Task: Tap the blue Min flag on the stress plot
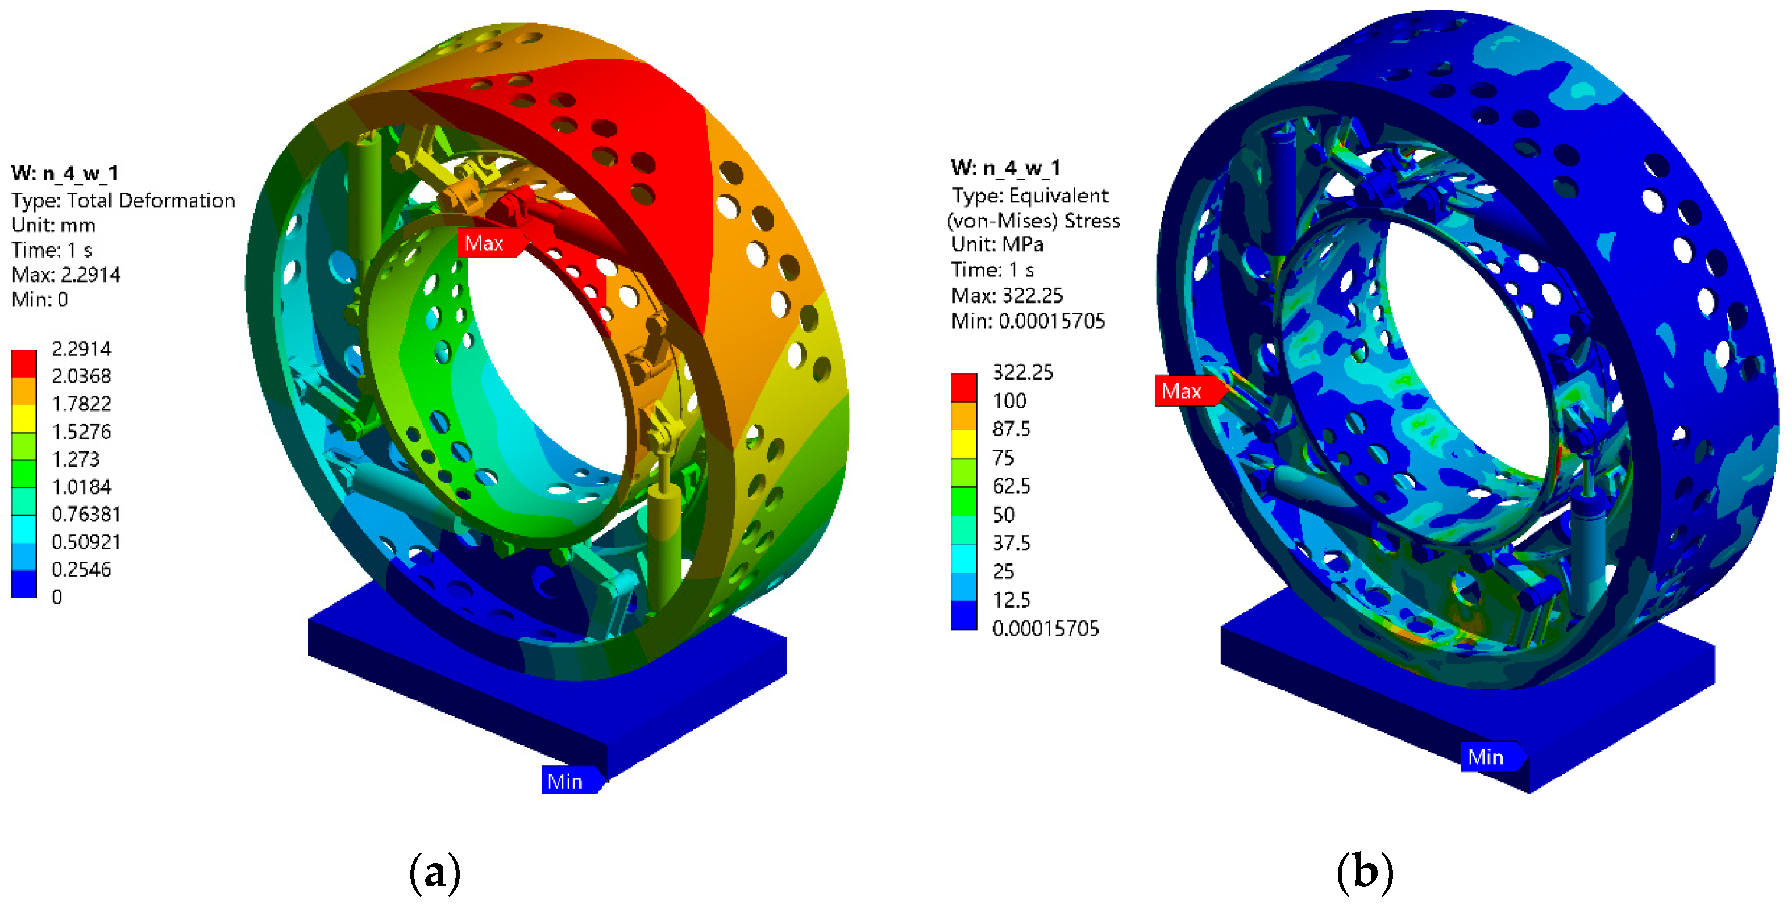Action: point(1491,757)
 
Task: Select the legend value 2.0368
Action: point(81,376)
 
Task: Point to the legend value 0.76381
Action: point(86,515)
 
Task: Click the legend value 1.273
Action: point(76,459)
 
